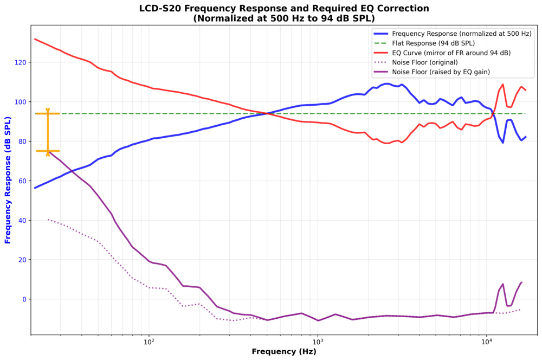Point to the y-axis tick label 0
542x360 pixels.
(x=25, y=299)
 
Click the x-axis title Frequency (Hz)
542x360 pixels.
(x=284, y=352)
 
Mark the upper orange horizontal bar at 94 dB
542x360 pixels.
(x=48, y=113)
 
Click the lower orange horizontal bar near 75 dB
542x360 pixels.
(x=48, y=151)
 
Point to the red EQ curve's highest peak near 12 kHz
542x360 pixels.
(x=502, y=84)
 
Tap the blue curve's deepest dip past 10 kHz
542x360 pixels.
(x=503, y=143)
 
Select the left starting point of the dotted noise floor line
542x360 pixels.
(x=48, y=220)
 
